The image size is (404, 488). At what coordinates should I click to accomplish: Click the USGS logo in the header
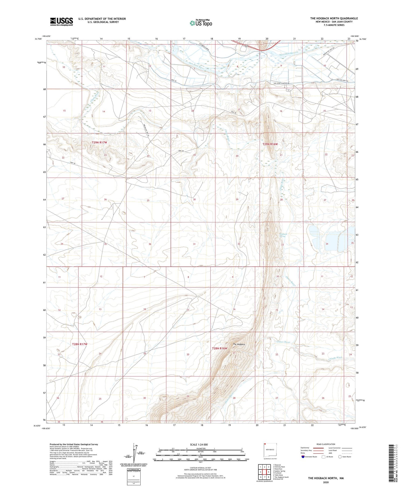(x=61, y=22)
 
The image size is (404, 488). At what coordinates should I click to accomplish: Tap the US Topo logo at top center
(x=201, y=23)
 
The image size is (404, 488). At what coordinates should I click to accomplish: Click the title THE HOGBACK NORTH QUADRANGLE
(x=334, y=18)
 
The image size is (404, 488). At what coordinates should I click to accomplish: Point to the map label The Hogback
(x=239, y=344)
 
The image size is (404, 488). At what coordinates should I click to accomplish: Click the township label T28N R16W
(x=220, y=348)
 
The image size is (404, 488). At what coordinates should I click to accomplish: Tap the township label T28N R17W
(x=80, y=344)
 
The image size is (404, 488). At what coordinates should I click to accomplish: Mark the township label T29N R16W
(x=270, y=144)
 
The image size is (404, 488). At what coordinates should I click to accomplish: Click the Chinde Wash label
(x=335, y=358)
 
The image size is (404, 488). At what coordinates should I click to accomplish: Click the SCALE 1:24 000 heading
(x=199, y=444)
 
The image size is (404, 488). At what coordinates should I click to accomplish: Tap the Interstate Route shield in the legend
(x=303, y=457)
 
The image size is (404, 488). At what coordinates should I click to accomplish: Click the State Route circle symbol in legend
(x=340, y=457)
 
